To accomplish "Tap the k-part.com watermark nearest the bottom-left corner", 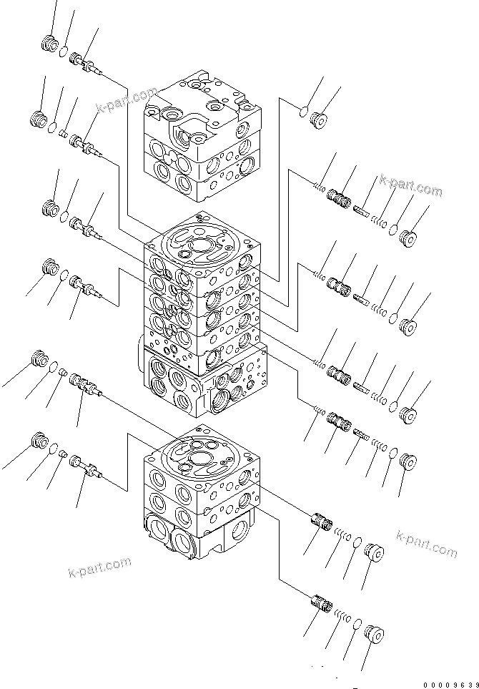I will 99,567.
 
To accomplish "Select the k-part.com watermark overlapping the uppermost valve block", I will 127,101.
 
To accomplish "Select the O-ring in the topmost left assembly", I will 64,51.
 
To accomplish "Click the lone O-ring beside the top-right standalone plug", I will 303,111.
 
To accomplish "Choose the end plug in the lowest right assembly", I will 372,634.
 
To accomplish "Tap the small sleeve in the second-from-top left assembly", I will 62,133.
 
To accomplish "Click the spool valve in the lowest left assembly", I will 84,466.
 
